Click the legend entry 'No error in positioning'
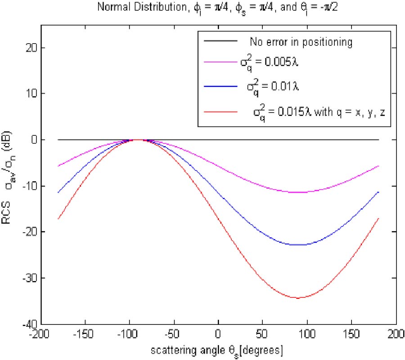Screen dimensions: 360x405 coord(301,43)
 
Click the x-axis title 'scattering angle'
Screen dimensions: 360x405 coord(218,349)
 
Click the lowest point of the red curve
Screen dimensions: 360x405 coord(298,297)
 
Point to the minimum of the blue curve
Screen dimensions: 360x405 coord(298,245)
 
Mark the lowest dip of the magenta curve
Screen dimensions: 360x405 coord(298,192)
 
